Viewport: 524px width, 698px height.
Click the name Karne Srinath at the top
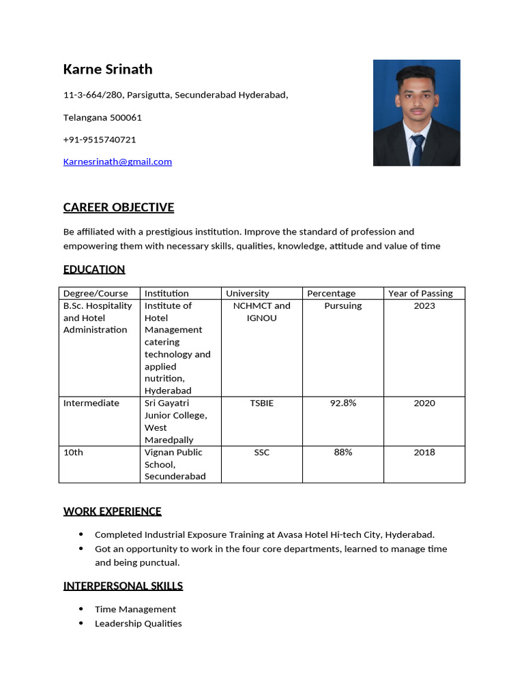coord(108,69)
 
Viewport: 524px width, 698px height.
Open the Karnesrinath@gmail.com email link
coord(117,162)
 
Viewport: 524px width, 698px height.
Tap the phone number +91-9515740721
coord(100,140)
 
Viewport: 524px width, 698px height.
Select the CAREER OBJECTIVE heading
coord(118,207)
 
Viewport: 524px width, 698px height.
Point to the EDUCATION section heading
coord(94,269)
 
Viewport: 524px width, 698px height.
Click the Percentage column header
coord(331,293)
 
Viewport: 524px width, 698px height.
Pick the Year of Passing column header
coord(420,293)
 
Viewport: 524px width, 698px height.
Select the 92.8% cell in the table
coord(343,403)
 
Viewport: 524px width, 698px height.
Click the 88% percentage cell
coord(343,452)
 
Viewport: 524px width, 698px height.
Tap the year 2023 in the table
coord(424,305)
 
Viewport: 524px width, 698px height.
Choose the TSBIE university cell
coord(261,403)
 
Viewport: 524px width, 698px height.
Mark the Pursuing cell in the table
coord(343,305)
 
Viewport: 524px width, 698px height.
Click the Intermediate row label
coord(91,403)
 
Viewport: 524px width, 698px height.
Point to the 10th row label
coord(73,452)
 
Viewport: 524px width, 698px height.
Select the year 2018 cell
coord(424,452)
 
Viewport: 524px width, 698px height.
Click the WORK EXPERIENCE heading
coord(113,511)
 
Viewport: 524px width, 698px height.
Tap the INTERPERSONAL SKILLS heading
coord(123,586)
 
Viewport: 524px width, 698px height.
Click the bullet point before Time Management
coord(82,609)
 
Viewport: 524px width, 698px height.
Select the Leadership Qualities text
coord(139,623)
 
